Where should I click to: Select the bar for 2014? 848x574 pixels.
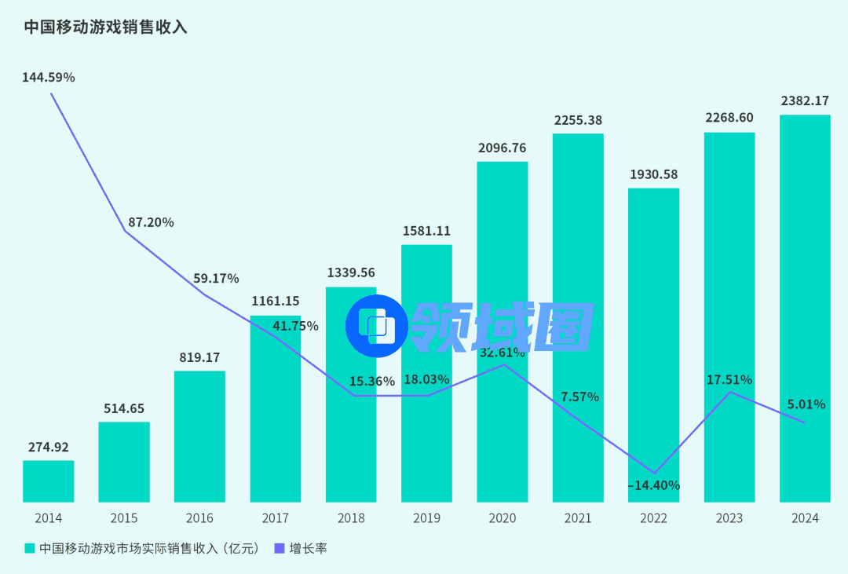click(x=48, y=481)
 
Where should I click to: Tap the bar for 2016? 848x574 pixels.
click(x=199, y=437)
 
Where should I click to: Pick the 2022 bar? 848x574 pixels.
click(x=653, y=330)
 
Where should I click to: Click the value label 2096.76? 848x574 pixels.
click(x=503, y=148)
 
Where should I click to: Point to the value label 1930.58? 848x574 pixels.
click(x=653, y=174)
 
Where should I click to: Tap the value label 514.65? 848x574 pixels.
click(x=124, y=408)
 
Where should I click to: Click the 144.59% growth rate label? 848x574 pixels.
click(x=49, y=78)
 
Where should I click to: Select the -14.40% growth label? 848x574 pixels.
click(x=653, y=485)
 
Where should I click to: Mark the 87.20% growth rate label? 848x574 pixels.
click(x=151, y=222)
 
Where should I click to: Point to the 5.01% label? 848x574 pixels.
click(x=806, y=404)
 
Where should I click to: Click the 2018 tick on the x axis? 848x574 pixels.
click(x=351, y=518)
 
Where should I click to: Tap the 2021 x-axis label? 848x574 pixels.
click(x=578, y=518)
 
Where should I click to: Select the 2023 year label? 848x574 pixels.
click(x=729, y=518)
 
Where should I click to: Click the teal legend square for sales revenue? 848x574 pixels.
click(x=30, y=548)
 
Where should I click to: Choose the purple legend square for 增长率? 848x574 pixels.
click(x=279, y=548)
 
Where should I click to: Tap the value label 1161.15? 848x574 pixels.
click(x=275, y=302)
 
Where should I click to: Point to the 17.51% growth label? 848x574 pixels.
click(x=729, y=380)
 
